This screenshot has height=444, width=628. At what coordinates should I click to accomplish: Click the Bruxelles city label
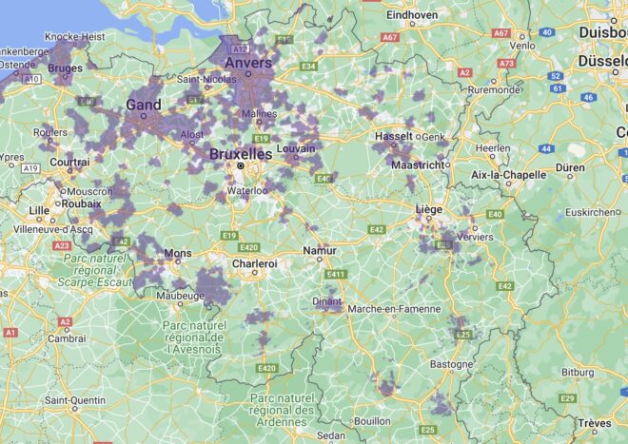point(240,153)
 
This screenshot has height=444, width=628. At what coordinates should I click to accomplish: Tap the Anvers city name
point(247,63)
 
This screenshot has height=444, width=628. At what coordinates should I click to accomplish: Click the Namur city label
point(319,250)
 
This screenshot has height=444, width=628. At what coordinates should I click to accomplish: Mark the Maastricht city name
point(417,164)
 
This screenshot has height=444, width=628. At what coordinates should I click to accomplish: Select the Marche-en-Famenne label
point(395,309)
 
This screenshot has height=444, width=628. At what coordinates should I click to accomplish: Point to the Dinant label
point(327,302)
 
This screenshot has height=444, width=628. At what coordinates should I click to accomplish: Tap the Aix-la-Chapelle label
point(510,175)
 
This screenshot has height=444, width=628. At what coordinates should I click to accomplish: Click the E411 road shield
point(334,274)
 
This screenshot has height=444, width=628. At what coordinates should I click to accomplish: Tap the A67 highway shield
point(389,36)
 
